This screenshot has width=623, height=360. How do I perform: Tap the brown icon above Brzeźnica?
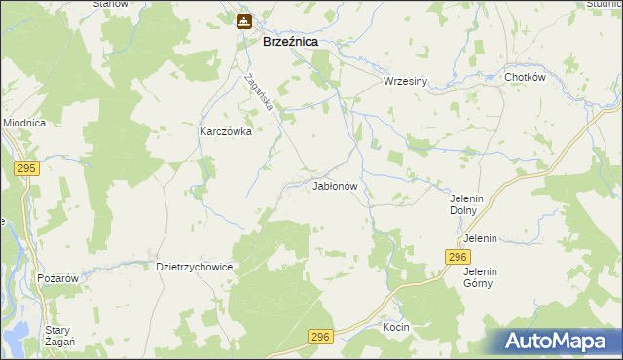pos(243,19)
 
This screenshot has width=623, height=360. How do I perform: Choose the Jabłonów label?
pos(337,185)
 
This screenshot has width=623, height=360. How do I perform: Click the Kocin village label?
pos(396,327)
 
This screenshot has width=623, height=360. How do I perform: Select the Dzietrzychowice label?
pos(194,266)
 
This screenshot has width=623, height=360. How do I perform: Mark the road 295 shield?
pos(26,169)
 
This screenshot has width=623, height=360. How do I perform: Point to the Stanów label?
pos(111,4)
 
